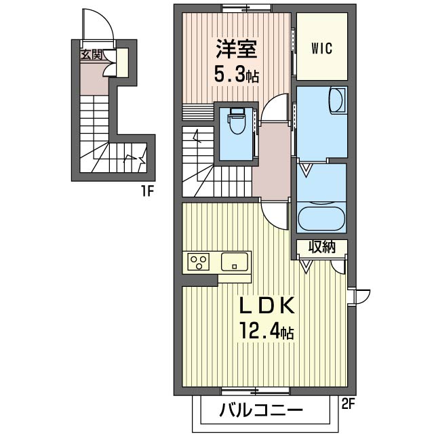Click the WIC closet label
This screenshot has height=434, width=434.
(x=321, y=48)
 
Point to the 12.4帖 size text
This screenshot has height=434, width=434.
(x=266, y=332)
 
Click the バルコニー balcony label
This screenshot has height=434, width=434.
(x=261, y=410)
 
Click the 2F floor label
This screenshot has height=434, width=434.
(x=348, y=405)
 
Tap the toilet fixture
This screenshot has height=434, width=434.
(x=236, y=123)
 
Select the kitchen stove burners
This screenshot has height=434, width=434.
(x=200, y=261)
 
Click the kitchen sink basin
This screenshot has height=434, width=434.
(x=235, y=261)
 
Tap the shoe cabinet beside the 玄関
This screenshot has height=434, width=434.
(x=122, y=62)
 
